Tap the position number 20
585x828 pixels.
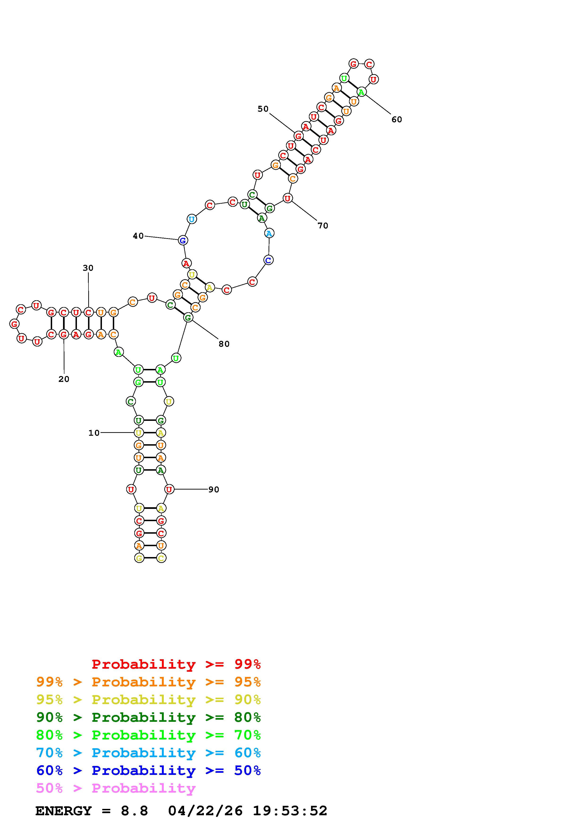[64, 379]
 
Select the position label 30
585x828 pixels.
[88, 268]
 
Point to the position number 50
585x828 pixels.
[263, 109]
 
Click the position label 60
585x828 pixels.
[397, 119]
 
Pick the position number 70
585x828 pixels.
[323, 226]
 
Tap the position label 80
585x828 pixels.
[224, 344]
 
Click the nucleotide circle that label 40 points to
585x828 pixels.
[183, 240]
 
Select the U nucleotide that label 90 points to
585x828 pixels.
[169, 489]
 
